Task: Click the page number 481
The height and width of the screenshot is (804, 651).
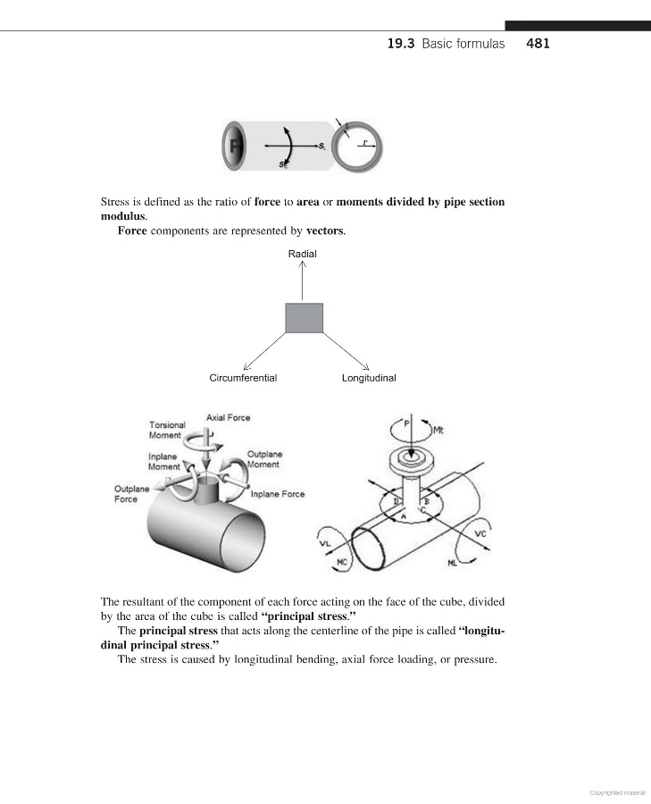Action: (x=538, y=43)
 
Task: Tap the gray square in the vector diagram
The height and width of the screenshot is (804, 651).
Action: (x=304, y=318)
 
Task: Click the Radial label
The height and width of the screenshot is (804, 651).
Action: (x=302, y=254)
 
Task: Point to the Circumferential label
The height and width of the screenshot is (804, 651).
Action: (x=243, y=378)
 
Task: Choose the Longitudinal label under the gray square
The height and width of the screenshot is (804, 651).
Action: (x=369, y=378)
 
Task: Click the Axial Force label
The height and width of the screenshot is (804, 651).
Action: (x=229, y=417)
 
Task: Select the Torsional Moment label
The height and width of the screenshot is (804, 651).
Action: (x=167, y=430)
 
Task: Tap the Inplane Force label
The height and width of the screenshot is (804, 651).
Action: (x=278, y=494)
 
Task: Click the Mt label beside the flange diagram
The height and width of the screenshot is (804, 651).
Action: (x=438, y=431)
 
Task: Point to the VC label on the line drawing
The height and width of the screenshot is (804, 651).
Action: (x=480, y=533)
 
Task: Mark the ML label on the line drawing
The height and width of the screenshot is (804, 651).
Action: (x=453, y=564)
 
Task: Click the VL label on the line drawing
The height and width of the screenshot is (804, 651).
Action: (x=324, y=543)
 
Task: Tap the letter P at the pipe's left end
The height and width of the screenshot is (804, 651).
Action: (x=234, y=146)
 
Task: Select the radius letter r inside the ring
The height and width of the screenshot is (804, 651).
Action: (x=363, y=141)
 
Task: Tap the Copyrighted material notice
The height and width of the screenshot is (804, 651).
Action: (x=618, y=791)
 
